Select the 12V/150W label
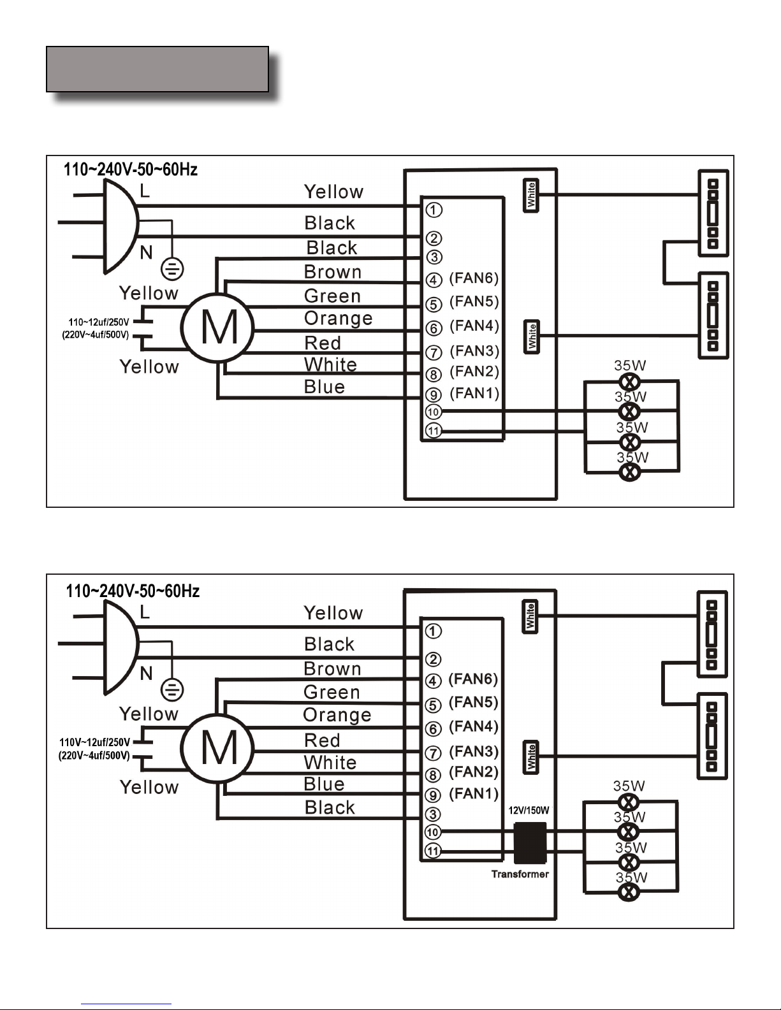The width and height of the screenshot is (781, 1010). (529, 811)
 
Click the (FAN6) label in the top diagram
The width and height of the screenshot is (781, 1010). (474, 278)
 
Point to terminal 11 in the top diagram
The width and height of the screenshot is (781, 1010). (434, 431)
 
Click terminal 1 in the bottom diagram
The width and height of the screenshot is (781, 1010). (434, 631)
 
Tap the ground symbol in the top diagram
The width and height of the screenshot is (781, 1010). (172, 269)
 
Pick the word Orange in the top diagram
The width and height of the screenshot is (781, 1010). (338, 319)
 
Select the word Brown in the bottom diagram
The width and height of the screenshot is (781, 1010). (332, 668)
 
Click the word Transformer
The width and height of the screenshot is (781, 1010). (520, 874)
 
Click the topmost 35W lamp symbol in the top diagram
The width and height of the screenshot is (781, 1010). (630, 382)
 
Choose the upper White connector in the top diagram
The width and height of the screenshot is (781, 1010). (531, 195)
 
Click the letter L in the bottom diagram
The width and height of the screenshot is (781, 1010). (145, 612)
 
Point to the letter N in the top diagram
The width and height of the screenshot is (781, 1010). (146, 253)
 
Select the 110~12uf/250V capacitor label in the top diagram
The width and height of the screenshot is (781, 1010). (99, 322)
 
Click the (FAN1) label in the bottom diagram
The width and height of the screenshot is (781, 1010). (473, 793)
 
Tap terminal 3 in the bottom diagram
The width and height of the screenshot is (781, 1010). (434, 814)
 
